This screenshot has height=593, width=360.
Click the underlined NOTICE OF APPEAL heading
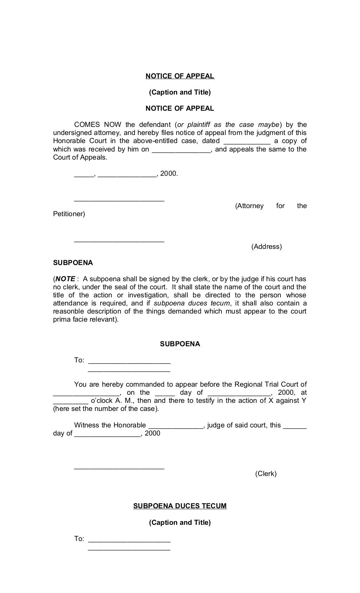point(180,76)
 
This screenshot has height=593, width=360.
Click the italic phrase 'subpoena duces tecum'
point(192,303)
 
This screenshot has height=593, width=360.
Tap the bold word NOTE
point(65,279)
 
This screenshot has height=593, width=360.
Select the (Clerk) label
point(266,474)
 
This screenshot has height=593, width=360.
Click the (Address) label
point(266,247)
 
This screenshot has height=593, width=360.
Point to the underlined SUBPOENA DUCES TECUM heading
point(180,506)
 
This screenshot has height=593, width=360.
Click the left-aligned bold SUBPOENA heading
point(73,263)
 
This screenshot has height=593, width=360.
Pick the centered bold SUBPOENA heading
point(180,344)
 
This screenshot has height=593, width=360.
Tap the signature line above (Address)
point(119,241)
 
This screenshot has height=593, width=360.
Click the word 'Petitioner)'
point(69,214)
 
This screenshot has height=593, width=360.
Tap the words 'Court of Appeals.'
point(80,157)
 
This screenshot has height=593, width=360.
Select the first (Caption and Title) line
point(180,92)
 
